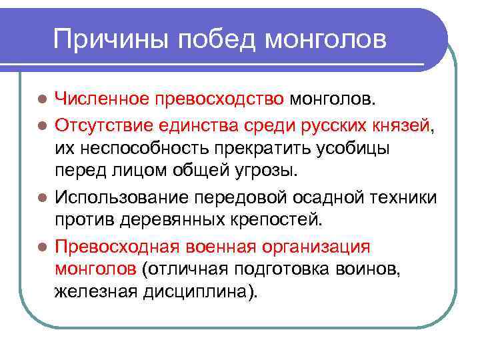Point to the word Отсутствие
click(105, 124)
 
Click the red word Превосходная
click(116, 245)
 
